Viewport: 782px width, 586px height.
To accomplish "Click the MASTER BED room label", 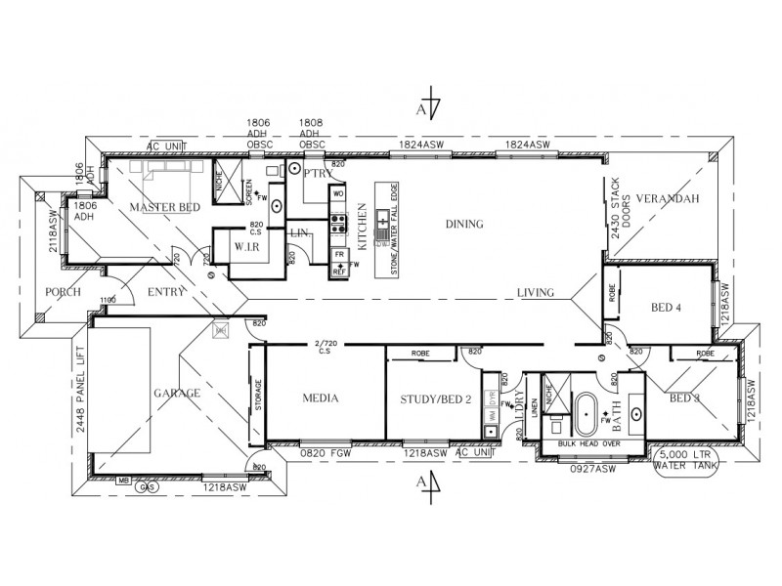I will coord(165,207).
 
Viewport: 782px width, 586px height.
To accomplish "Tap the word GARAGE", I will coord(176,393).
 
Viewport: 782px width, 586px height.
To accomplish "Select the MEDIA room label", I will coord(320,398).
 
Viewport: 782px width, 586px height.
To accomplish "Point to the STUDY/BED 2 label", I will coord(435,398).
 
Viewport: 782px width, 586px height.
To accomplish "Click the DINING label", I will coord(464,224).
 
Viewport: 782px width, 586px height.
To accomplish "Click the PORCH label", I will coord(62,292).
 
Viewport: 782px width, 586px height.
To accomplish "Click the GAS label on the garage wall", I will coord(151,485).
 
